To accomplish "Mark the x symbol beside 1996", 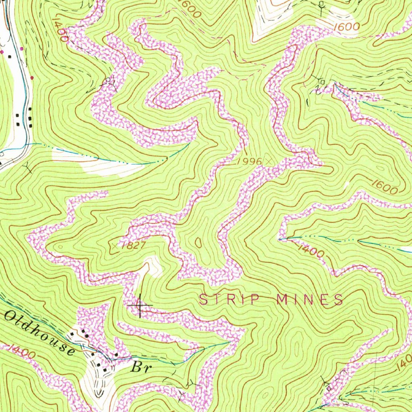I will [269, 161].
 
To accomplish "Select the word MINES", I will [309, 299].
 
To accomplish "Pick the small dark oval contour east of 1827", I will [198, 243].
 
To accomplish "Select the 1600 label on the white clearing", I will [346, 27].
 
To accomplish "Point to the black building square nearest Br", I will [116, 354].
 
